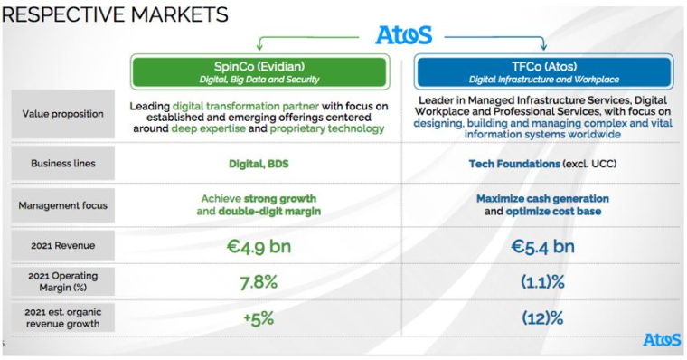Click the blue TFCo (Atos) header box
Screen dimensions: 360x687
coord(543,71)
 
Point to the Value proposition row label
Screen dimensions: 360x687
coord(61,115)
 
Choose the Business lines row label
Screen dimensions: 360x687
coord(61,164)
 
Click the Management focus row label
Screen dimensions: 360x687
coord(61,205)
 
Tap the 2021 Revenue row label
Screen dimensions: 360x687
coord(61,245)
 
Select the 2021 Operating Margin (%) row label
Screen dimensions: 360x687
coord(61,281)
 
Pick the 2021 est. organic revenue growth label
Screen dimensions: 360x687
coord(61,317)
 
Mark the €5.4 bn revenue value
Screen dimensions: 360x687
coord(543,246)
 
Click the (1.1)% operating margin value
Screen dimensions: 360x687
coord(543,282)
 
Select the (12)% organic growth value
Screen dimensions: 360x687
coord(543,318)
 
